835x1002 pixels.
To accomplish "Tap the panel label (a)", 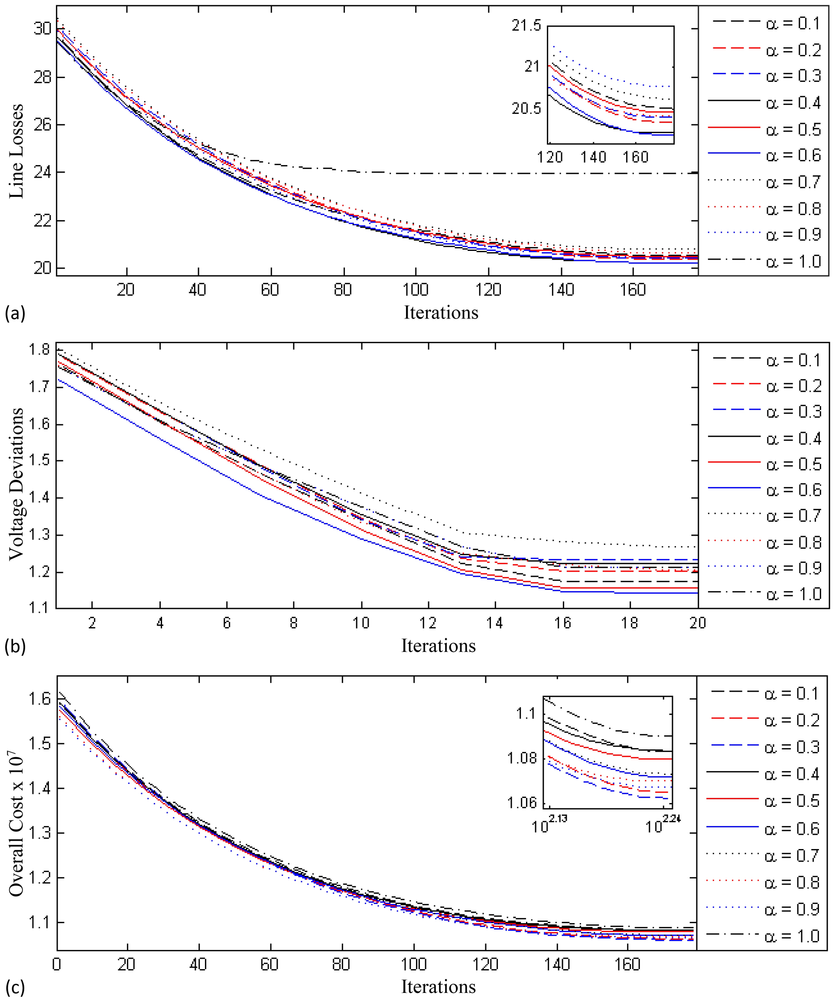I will [x=14, y=313].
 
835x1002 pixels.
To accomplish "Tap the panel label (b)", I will [x=14, y=647].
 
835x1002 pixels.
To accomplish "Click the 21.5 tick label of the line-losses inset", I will [x=527, y=25].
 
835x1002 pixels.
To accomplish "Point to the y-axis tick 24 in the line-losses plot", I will [x=42, y=172].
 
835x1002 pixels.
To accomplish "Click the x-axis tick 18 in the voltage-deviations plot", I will [x=630, y=623].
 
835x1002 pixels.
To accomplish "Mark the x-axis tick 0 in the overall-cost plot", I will [x=57, y=964].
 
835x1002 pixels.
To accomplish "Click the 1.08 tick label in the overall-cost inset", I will [x=522, y=758].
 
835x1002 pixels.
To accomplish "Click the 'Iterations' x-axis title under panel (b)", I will [x=438, y=646].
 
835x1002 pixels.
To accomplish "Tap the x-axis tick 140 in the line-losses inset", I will [x=593, y=157].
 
